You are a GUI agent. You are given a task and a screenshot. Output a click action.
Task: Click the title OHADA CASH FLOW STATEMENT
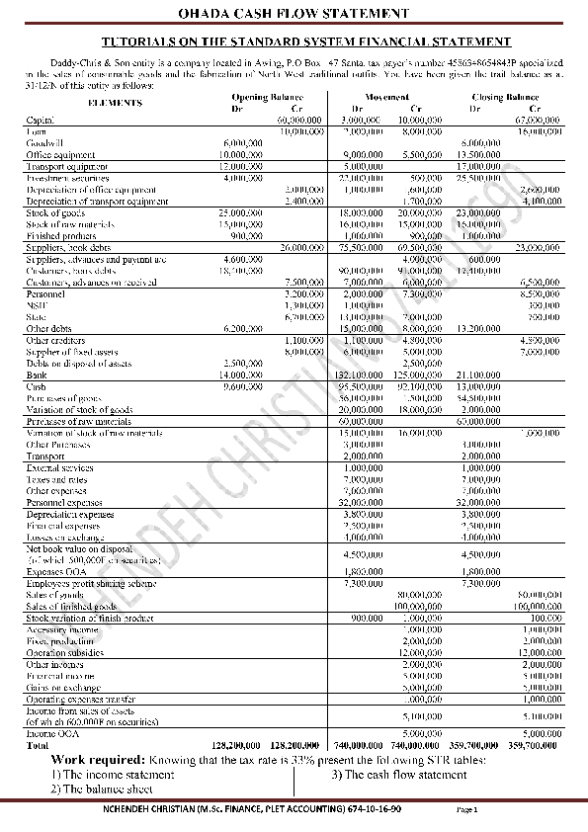point(294,14)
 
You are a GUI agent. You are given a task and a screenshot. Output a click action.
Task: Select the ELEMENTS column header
point(113,102)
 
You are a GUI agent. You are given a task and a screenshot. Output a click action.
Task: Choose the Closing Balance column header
point(506,97)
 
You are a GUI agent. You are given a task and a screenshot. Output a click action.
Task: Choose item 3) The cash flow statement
point(398,775)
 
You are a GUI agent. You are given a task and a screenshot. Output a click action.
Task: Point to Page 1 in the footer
point(467,808)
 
